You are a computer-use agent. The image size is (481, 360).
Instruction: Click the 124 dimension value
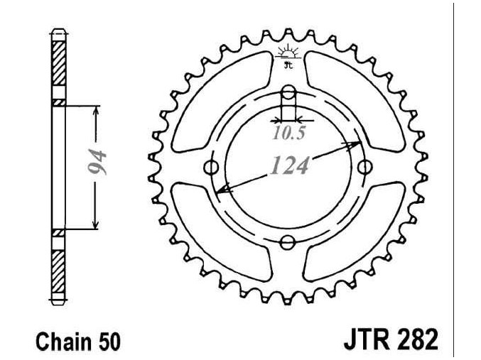290,165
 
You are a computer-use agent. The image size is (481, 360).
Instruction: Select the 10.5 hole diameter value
288,133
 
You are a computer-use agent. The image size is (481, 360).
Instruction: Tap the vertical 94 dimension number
97,162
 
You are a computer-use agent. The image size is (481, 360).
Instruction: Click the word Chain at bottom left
64,342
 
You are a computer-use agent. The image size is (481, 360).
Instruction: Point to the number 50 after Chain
109,342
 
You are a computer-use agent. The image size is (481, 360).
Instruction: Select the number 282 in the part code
416,339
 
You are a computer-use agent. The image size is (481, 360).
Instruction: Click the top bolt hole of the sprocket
288,92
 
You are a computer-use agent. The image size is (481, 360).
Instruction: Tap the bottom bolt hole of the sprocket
288,243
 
